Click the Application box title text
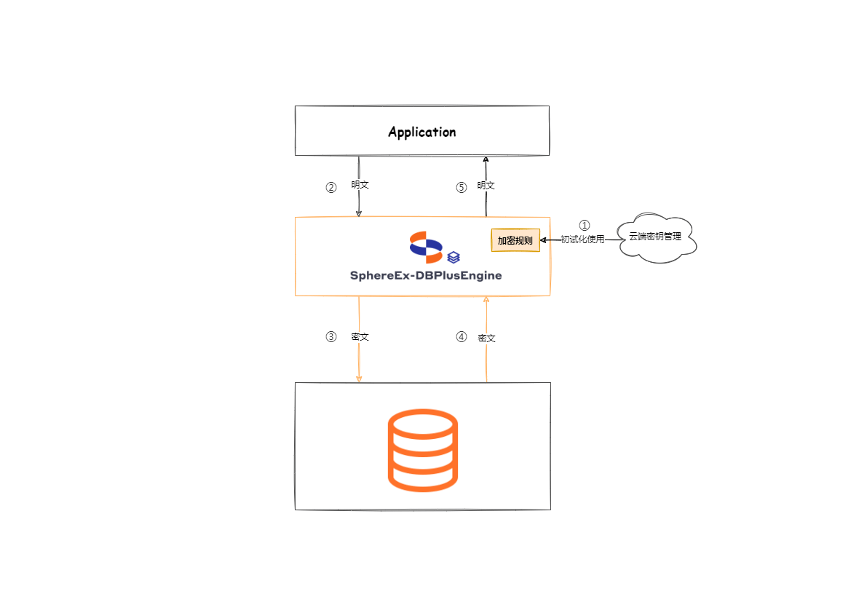[x=421, y=132]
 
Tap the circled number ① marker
[x=584, y=226]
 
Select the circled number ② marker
[x=331, y=187]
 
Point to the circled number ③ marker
[x=331, y=337]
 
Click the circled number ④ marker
[x=461, y=337]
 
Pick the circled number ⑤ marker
[x=461, y=187]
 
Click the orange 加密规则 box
[x=515, y=240]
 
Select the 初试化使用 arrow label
[x=582, y=239]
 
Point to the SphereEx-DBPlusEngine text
[x=426, y=276]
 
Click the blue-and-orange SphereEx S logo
[x=426, y=247]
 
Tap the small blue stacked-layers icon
[x=454, y=257]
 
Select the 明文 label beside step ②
[x=360, y=185]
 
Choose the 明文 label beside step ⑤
[x=486, y=186]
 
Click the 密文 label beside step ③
[x=360, y=337]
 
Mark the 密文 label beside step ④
[x=487, y=338]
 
